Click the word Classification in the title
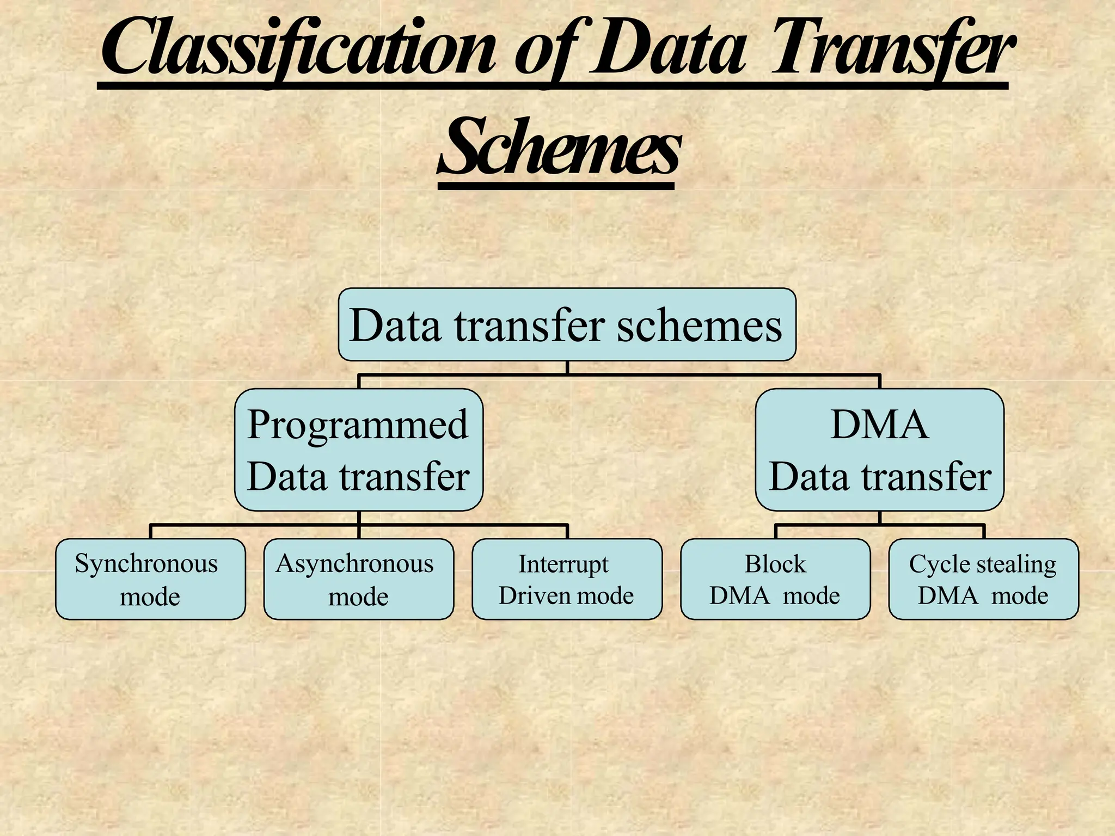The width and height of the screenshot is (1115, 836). tap(298, 49)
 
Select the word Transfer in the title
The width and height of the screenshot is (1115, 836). tap(893, 49)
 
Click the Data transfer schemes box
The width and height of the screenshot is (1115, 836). tap(567, 324)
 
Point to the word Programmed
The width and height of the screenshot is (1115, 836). tap(358, 425)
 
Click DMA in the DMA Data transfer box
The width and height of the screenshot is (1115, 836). tap(879, 425)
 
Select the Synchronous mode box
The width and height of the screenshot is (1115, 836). tap(150, 579)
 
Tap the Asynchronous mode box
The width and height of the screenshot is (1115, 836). tap(358, 579)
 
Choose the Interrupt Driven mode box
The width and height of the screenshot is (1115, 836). tap(567, 579)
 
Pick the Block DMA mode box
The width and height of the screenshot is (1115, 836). tap(775, 579)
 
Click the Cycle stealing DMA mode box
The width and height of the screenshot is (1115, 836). tap(983, 579)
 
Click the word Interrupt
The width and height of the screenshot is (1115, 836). tap(563, 564)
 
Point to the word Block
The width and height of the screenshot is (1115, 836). tap(775, 564)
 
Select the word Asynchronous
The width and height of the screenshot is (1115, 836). tap(354, 564)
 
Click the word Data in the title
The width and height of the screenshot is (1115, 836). tap(667, 49)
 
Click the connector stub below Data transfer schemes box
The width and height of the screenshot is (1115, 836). tap(567, 368)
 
